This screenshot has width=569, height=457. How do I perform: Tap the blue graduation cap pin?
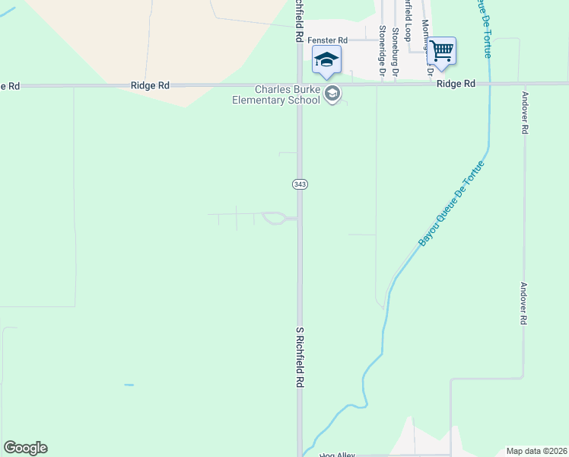click(x=327, y=60)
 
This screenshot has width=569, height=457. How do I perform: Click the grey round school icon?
click(x=332, y=94)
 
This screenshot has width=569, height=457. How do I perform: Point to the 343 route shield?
click(x=299, y=184)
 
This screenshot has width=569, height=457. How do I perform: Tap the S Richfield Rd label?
click(x=300, y=359)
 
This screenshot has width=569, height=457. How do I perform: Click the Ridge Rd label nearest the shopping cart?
click(x=456, y=84)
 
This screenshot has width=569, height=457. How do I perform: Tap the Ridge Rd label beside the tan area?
click(x=150, y=86)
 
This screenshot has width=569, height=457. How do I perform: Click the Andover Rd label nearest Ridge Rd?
click(x=524, y=113)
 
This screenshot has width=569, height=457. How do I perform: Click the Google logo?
click(x=25, y=448)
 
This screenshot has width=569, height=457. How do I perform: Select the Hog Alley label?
click(x=337, y=455)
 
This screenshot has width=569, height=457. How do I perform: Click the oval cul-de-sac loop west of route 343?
click(x=273, y=219)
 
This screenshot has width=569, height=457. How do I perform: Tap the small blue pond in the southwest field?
click(x=129, y=385)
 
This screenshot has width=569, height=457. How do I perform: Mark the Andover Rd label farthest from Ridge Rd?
click(x=523, y=305)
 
